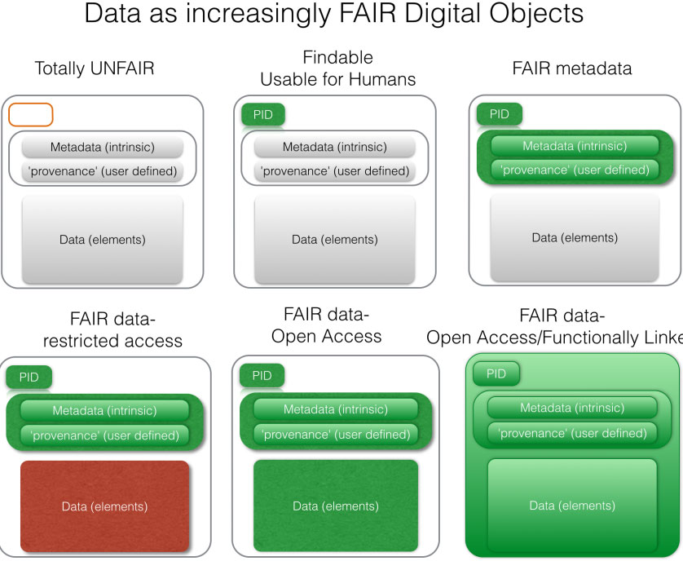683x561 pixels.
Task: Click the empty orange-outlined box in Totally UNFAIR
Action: pos(31,115)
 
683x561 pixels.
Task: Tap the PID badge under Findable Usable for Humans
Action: pos(263,115)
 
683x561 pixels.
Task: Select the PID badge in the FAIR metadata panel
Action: pos(499,114)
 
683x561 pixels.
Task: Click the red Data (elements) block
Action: pos(104,506)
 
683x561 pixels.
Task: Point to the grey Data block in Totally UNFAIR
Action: pos(102,240)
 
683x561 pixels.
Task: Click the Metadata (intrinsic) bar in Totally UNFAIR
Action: pos(102,148)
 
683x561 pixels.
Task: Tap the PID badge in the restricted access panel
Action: pos(29,377)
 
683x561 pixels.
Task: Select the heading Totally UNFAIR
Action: pos(94,68)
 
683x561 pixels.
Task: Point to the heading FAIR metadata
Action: pos(571,68)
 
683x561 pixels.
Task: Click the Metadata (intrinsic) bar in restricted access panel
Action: pos(104,411)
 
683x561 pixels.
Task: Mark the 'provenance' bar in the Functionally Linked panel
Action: pos(571,433)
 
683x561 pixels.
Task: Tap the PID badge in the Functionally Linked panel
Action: pos(496,373)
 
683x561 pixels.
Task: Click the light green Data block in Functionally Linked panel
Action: pos(571,506)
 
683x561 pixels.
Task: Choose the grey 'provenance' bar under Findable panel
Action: pos(334,171)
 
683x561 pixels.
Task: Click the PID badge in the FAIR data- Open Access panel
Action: pos(262,376)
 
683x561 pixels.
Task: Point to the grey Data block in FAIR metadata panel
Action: pos(574,238)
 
